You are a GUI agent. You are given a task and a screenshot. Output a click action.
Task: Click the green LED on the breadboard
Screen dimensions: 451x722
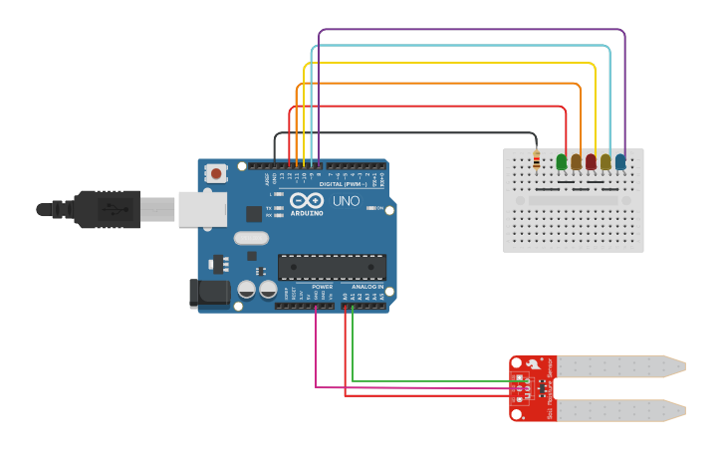562,161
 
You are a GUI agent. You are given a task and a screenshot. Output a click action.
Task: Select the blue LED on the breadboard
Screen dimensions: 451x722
620,161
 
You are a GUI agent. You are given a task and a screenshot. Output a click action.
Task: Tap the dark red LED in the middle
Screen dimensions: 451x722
591,161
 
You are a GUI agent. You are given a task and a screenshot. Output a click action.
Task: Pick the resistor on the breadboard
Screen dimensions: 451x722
537,159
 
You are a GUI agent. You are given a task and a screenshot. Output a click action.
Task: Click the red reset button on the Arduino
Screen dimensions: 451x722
216,173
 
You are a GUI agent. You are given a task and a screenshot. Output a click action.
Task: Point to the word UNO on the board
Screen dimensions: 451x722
346,201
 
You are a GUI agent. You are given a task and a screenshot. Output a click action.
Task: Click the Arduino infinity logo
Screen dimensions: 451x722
307,201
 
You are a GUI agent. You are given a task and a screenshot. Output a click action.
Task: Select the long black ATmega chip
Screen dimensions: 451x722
332,266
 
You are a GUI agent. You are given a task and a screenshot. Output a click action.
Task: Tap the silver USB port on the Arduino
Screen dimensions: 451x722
202,209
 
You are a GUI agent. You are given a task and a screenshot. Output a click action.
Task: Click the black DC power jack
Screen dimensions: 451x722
207,292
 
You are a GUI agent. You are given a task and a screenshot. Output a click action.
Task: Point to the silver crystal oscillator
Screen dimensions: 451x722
252,238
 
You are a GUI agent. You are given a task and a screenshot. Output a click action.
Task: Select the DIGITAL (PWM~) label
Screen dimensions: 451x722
344,184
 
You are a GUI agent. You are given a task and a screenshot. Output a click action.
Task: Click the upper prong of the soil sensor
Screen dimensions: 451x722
618,366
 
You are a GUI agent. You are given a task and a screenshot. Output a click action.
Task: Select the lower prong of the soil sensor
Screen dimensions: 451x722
618,409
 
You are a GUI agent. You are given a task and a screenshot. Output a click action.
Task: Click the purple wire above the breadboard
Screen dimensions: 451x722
468,31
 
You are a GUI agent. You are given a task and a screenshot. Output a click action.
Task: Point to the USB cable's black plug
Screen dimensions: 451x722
100,209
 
